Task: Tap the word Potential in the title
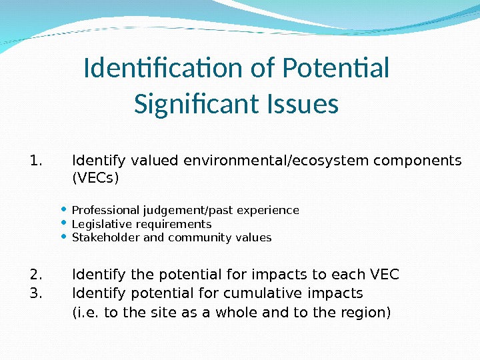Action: point(336,68)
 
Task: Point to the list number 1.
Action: point(36,161)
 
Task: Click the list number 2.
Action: point(36,275)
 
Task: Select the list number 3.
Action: point(36,293)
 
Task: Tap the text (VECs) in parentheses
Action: point(95,179)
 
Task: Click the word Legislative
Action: point(98,224)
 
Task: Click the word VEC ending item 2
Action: point(384,275)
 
